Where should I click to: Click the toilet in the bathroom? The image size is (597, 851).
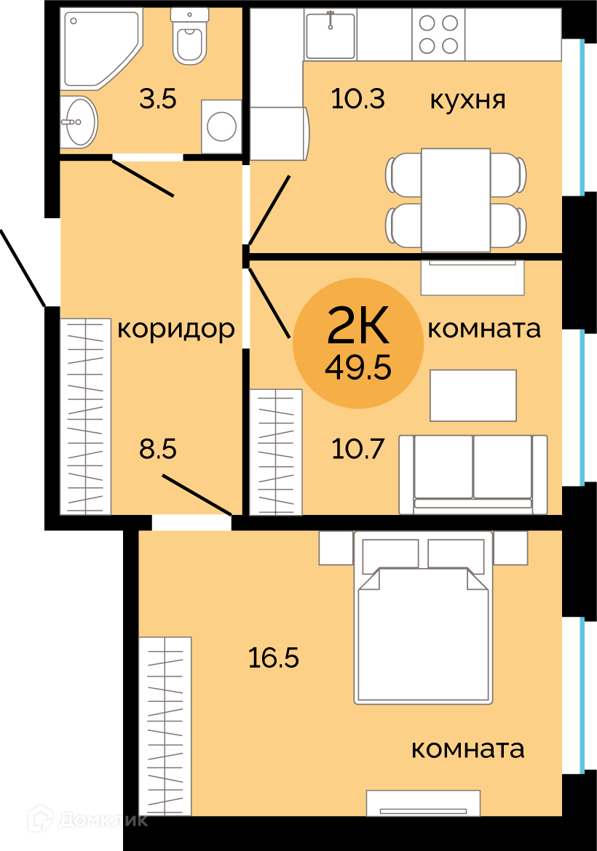click(x=189, y=36)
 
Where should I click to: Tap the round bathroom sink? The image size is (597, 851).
click(x=79, y=121)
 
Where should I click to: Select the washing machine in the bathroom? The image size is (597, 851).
click(x=221, y=126)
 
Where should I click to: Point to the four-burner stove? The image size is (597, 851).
click(x=438, y=33)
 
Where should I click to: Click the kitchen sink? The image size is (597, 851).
click(x=331, y=33)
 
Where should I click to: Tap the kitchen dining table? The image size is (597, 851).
click(x=456, y=200)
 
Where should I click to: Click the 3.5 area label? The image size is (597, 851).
click(x=157, y=100)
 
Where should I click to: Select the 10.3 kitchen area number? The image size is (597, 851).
click(x=357, y=100)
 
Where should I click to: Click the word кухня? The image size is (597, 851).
click(x=467, y=101)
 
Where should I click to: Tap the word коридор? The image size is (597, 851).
click(x=176, y=329)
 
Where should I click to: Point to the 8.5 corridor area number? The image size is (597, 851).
click(x=157, y=450)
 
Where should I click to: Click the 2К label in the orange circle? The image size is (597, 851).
click(x=358, y=324)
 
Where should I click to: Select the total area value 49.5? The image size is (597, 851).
click(x=358, y=369)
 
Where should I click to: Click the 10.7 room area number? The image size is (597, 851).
click(x=357, y=450)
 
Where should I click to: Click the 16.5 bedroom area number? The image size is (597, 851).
click(x=273, y=658)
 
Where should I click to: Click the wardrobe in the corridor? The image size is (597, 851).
click(x=85, y=416)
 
